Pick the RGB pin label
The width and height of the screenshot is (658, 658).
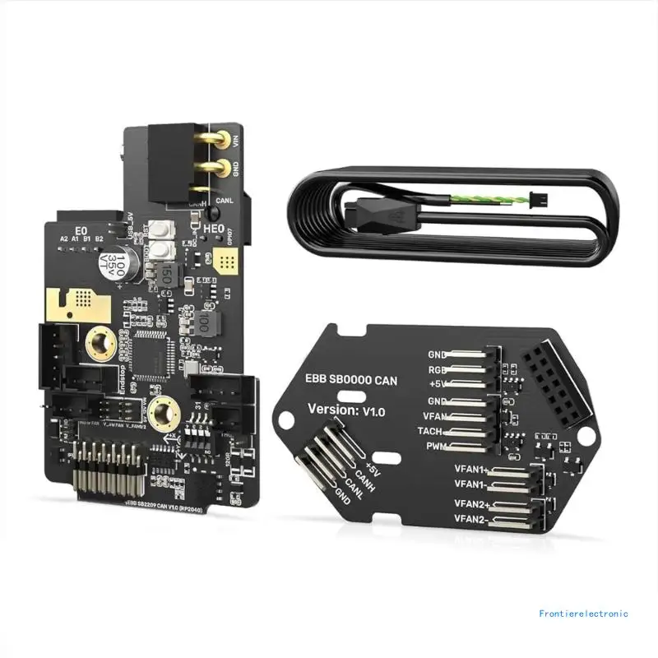coord(436,369)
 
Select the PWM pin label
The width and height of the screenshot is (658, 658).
coord(436,446)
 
